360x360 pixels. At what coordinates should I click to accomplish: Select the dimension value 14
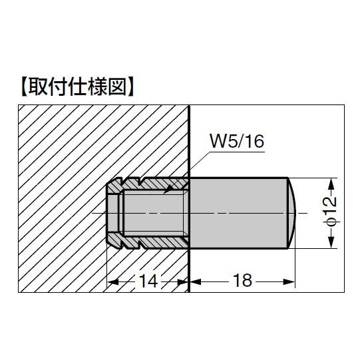click(x=148, y=281)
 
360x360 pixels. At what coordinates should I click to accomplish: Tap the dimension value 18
click(x=243, y=281)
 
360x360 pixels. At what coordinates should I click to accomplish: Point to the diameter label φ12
click(x=331, y=212)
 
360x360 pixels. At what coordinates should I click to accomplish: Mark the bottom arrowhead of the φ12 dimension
click(x=331, y=244)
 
